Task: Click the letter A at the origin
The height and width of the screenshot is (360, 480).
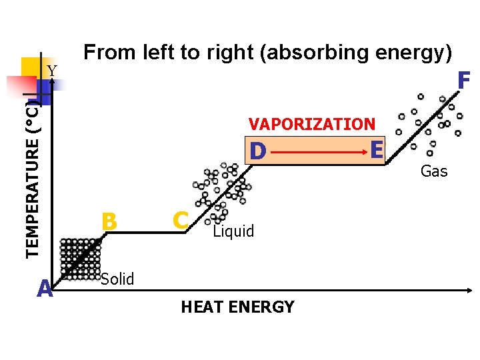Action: coord(45,289)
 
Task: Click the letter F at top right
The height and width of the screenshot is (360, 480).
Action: coord(464,81)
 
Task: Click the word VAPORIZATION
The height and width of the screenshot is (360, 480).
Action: coord(312,124)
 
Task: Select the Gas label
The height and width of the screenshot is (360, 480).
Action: coord(434,171)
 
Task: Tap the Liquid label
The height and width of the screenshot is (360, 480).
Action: coord(233,231)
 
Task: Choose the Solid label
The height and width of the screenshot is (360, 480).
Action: coord(118,279)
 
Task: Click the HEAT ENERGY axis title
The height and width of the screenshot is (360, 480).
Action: coord(237,307)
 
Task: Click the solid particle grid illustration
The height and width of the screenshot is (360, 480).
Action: coord(80,259)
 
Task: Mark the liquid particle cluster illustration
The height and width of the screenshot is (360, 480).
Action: coord(223,190)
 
